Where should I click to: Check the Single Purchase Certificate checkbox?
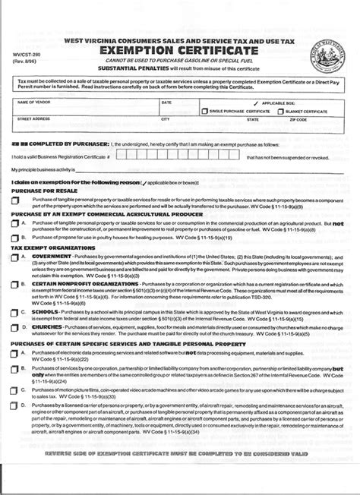(205, 111)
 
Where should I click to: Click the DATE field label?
(166, 102)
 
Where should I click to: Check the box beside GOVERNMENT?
(15, 279)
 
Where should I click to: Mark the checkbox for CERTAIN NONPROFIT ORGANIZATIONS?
(15, 305)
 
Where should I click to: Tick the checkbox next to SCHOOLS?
(15, 332)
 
